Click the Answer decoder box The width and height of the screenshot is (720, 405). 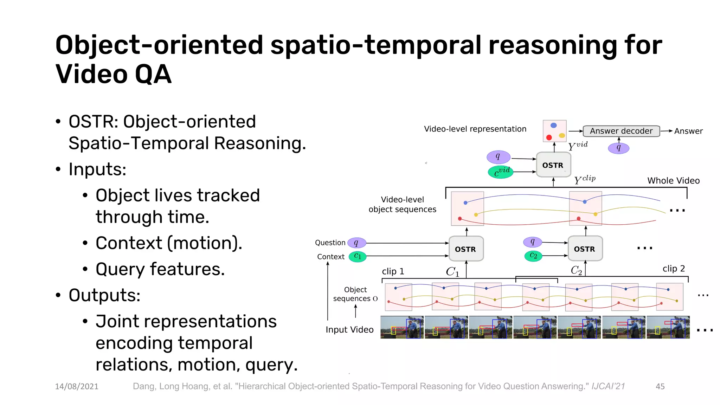click(x=621, y=131)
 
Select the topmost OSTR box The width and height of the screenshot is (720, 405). click(x=553, y=165)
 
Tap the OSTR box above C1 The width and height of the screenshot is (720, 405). click(x=466, y=249)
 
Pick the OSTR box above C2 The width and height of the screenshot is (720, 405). click(x=585, y=249)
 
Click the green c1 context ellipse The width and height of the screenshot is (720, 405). click(x=358, y=256)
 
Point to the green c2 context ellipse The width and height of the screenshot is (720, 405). click(x=533, y=256)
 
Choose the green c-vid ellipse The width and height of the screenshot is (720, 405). click(x=501, y=172)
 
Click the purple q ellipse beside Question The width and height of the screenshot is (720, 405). click(x=356, y=243)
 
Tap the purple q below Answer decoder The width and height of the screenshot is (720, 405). click(x=618, y=148)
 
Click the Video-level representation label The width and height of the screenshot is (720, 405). click(x=475, y=129)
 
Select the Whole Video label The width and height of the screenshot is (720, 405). click(x=673, y=181)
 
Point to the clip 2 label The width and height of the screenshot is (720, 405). click(x=674, y=269)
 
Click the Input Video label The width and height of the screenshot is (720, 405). click(x=349, y=330)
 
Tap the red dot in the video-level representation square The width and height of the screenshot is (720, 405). click(x=549, y=137)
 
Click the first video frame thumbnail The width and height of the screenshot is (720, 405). click(x=402, y=327)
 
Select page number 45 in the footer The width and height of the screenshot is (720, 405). click(x=660, y=386)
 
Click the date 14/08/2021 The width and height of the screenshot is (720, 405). click(x=77, y=386)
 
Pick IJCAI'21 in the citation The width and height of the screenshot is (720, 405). click(x=608, y=386)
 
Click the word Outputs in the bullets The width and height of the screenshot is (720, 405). click(x=104, y=295)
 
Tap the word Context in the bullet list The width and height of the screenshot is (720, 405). click(x=129, y=243)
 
